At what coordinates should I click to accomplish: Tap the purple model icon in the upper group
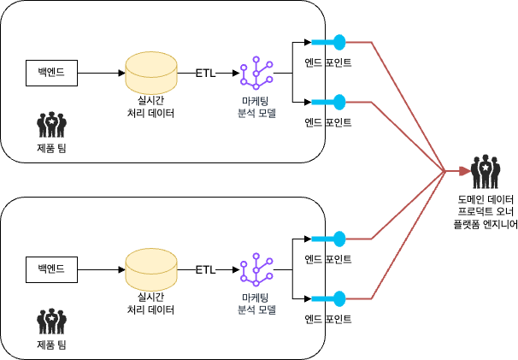click(x=256, y=74)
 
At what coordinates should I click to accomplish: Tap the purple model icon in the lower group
click(x=256, y=271)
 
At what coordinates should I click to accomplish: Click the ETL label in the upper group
click(x=206, y=73)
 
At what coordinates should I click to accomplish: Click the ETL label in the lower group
click(x=206, y=269)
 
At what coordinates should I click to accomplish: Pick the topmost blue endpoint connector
click(x=328, y=41)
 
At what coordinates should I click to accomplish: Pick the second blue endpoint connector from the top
click(x=328, y=103)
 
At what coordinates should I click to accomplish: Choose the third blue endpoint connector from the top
click(x=328, y=238)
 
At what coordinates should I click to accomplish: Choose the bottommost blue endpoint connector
click(x=328, y=298)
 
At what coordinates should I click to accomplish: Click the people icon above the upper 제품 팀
click(x=52, y=125)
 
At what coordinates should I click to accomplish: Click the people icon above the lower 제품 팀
click(x=52, y=322)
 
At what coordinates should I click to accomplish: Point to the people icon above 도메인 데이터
click(x=486, y=172)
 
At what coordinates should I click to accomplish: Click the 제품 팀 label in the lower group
click(x=52, y=345)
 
